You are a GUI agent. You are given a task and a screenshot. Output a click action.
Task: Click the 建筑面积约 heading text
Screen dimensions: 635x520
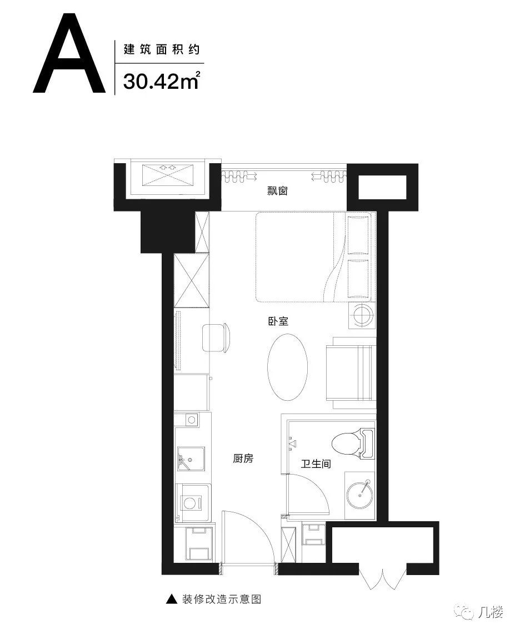[x=161, y=49]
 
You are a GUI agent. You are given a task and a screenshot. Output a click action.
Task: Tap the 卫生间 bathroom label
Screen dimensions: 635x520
[x=316, y=463]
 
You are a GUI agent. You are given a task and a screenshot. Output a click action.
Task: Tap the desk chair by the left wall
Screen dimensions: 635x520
[x=216, y=337]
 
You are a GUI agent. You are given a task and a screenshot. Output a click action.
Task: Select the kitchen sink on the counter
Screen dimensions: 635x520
[x=191, y=460]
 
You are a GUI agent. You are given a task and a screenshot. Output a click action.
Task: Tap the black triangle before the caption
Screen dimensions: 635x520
[x=172, y=599]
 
